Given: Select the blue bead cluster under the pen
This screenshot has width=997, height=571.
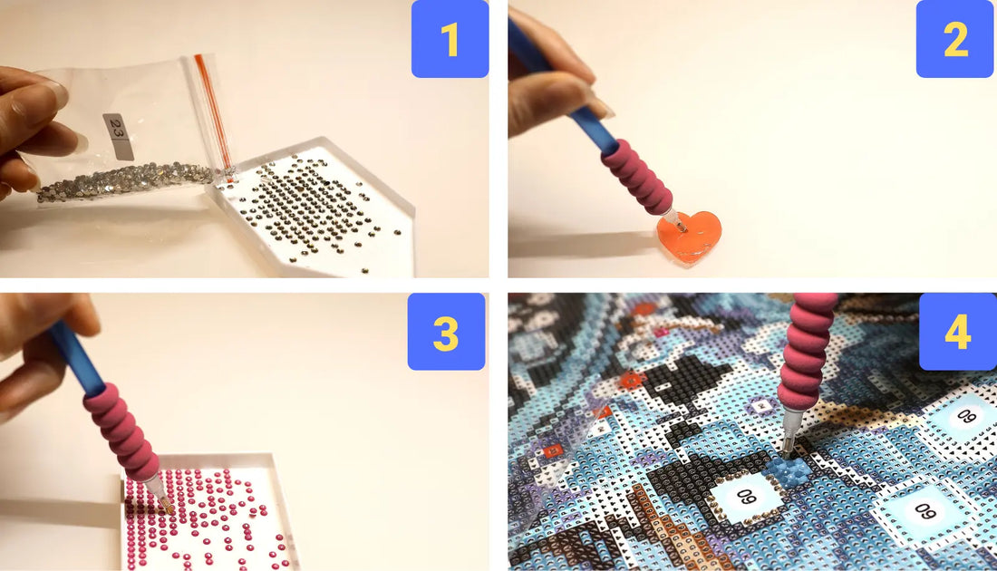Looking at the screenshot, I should tap(788, 469).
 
